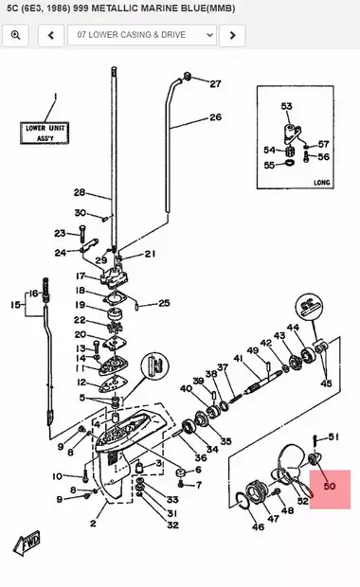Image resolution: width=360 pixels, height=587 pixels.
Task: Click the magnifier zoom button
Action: (x=15, y=35)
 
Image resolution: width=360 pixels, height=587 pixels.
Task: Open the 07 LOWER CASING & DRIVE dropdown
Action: (x=142, y=35)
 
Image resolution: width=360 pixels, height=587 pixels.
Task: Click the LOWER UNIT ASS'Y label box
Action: (x=45, y=133)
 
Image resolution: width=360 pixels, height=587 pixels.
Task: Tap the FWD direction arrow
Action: (x=27, y=543)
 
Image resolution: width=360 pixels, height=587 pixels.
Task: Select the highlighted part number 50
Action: (x=330, y=487)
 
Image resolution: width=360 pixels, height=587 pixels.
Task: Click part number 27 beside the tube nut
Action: (x=215, y=84)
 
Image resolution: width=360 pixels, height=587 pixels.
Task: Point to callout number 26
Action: (x=215, y=117)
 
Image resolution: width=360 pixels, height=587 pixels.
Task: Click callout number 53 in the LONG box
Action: (x=286, y=106)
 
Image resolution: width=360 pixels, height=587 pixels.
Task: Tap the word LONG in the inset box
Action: (x=322, y=183)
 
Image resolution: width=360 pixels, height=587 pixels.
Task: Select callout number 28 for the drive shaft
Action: (x=80, y=192)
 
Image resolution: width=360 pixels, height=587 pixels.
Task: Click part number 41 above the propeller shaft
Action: (x=238, y=359)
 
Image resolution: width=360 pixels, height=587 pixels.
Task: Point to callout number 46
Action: (x=258, y=526)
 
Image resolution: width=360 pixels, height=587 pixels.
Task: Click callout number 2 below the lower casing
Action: (x=93, y=523)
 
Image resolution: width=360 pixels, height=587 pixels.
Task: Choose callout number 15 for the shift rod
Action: (x=15, y=305)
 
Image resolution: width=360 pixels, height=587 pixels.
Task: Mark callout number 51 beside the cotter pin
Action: (x=333, y=436)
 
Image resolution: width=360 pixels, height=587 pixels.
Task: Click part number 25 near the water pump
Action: (x=164, y=303)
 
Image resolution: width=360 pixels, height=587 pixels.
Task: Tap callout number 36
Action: (x=201, y=457)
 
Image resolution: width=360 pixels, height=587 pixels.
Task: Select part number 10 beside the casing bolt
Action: (x=57, y=476)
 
